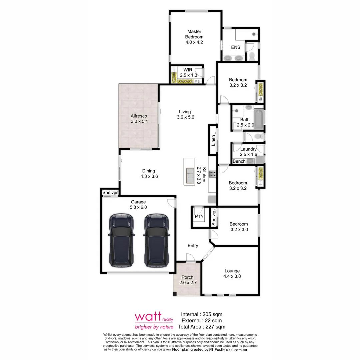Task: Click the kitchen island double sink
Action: coord(190,175)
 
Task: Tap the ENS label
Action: coord(236,47)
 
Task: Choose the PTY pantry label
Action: coord(199,217)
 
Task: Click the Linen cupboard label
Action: coord(213,140)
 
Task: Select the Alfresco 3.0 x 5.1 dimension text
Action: coord(139,122)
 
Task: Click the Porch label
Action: coord(187,277)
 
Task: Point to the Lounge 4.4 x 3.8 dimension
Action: coord(232,276)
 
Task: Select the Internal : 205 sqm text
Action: coord(201,314)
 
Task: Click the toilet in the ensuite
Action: coord(252,55)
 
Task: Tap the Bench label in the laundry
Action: coord(239,161)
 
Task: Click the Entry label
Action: coord(193,246)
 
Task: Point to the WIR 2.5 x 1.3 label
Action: coord(188,73)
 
